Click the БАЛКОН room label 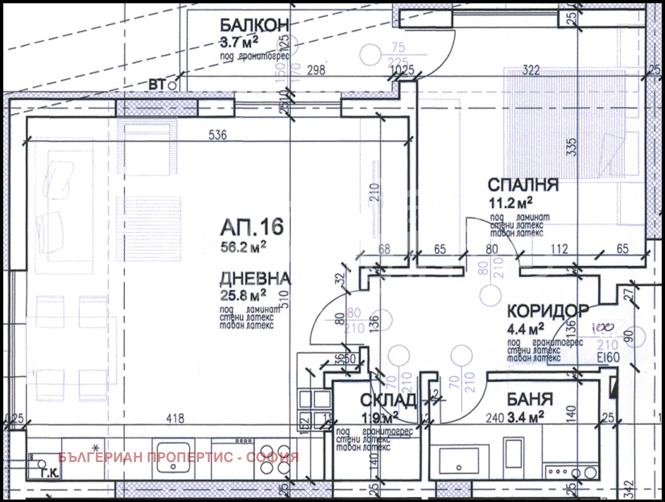254,25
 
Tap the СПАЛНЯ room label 523,185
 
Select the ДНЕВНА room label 255,278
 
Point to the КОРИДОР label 548,311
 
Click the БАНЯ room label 530,399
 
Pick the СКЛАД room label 388,400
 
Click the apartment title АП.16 252,227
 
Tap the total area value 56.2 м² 243,247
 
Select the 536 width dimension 217,134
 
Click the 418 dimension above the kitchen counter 175,418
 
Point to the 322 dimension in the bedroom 531,70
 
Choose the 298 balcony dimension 316,70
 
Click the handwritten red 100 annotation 603,328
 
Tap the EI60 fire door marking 608,358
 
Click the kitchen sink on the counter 173,457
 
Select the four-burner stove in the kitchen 275,459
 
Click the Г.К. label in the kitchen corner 49,473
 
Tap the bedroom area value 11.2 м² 510,203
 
